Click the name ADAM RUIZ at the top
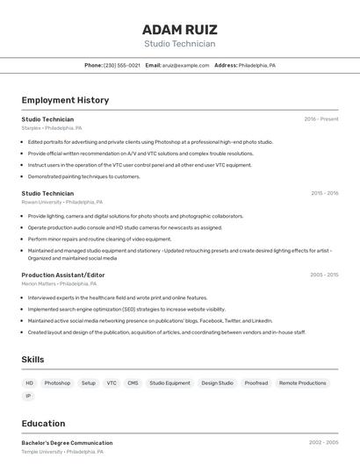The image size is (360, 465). click(179, 29)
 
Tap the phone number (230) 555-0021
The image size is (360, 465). click(122, 65)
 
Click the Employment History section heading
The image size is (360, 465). click(65, 100)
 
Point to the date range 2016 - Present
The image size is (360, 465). click(320, 118)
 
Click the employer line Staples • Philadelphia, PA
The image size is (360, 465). click(52, 128)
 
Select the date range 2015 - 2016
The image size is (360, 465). click(324, 193)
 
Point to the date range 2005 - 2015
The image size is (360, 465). click(324, 275)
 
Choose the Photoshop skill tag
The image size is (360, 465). click(57, 383)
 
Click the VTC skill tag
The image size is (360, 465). click(112, 383)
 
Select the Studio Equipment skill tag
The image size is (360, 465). click(169, 383)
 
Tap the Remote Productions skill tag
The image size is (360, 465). click(302, 383)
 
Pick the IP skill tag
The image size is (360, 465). click(28, 396)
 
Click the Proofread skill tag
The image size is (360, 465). click(256, 383)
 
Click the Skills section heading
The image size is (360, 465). click(32, 360)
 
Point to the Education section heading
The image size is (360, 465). click(43, 423)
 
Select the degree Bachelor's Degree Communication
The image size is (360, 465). click(67, 443)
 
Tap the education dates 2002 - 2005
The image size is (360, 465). click(323, 443)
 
